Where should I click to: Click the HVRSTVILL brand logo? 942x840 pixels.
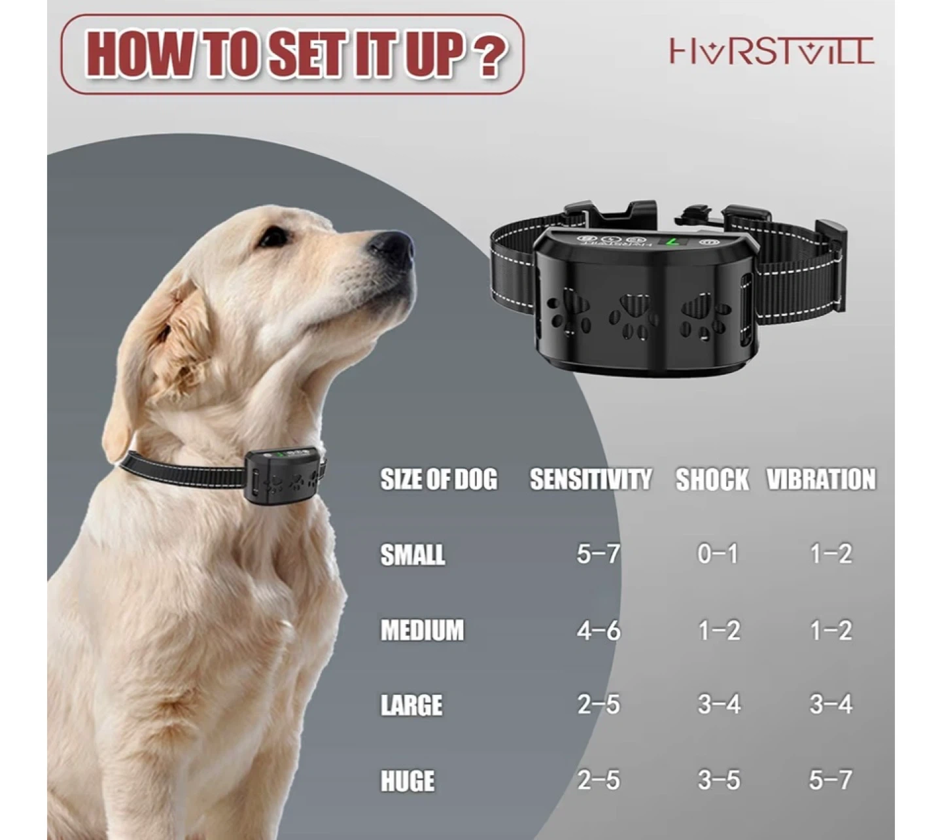[x=771, y=50]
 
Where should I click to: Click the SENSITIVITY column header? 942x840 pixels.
[x=591, y=479]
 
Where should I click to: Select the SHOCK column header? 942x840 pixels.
[x=712, y=479]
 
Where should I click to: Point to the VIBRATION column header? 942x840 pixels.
[x=821, y=479]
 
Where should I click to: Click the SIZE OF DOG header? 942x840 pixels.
[x=439, y=479]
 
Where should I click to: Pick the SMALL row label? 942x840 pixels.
[x=412, y=555]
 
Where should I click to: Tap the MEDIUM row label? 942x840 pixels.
[x=422, y=630]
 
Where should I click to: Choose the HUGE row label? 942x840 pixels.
[x=408, y=781]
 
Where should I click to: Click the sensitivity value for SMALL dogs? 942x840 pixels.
[x=599, y=553]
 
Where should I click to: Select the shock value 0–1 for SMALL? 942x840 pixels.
[x=718, y=553]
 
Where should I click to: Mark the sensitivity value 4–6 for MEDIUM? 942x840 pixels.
[x=599, y=630]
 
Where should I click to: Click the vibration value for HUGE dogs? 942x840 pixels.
[x=830, y=780]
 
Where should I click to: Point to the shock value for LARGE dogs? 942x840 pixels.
[x=719, y=704]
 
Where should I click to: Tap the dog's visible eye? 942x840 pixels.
[x=273, y=237]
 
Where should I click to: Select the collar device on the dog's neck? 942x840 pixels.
[x=284, y=475]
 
